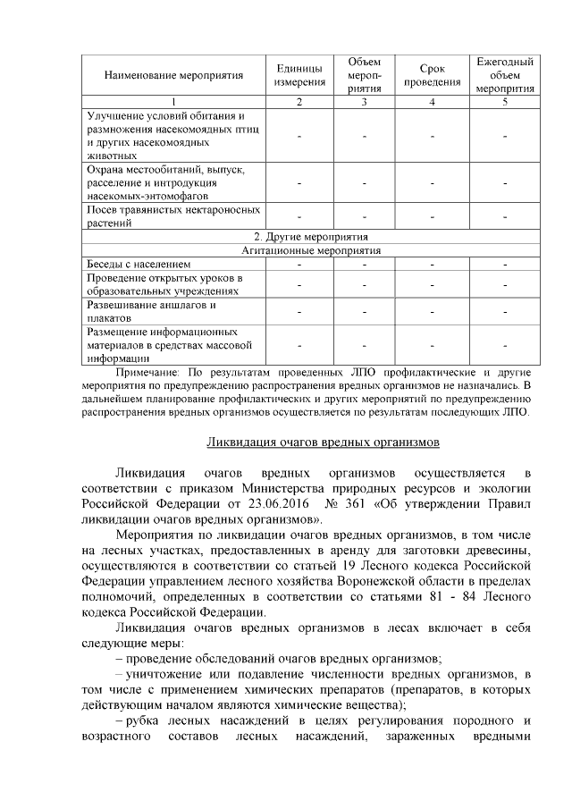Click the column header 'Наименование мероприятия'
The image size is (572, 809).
171,76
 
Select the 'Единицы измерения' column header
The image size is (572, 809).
299,76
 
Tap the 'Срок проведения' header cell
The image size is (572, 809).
433,76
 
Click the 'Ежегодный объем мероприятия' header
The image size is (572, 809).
505,76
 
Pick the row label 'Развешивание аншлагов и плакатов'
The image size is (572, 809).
151,311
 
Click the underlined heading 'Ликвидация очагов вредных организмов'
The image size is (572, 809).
323,442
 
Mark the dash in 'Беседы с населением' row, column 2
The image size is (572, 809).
299,265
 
